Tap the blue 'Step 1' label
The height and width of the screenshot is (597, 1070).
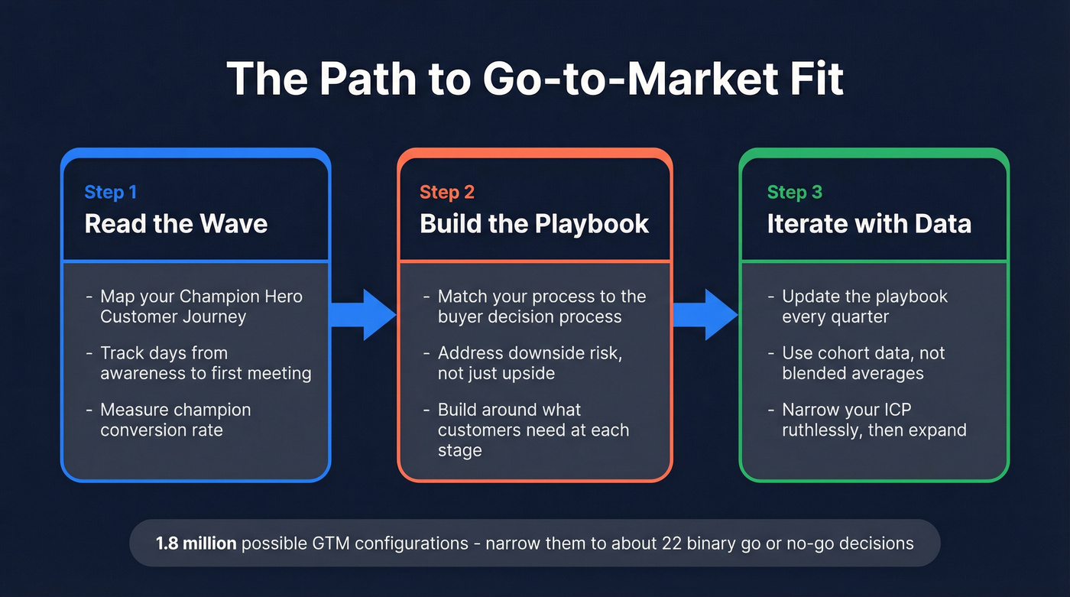(x=110, y=192)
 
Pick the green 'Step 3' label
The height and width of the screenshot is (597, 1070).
(x=794, y=192)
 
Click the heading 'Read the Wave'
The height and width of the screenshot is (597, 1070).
(x=176, y=224)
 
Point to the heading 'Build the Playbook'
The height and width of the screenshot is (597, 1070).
(x=534, y=224)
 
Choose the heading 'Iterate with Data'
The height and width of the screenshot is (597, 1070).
(x=869, y=224)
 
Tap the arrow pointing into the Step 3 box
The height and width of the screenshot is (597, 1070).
(x=705, y=314)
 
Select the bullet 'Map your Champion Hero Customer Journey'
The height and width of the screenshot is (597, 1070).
(x=200, y=307)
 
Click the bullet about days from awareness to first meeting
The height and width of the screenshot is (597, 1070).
(x=205, y=363)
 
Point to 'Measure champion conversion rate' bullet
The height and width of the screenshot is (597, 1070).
(x=175, y=420)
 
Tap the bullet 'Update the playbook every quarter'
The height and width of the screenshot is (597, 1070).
(x=864, y=307)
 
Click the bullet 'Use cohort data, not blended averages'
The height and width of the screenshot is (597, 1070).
(x=863, y=363)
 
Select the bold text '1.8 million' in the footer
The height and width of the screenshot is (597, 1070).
(x=196, y=543)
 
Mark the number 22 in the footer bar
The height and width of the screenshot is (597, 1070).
(x=728, y=543)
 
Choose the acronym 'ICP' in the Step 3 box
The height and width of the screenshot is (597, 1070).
(x=895, y=410)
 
